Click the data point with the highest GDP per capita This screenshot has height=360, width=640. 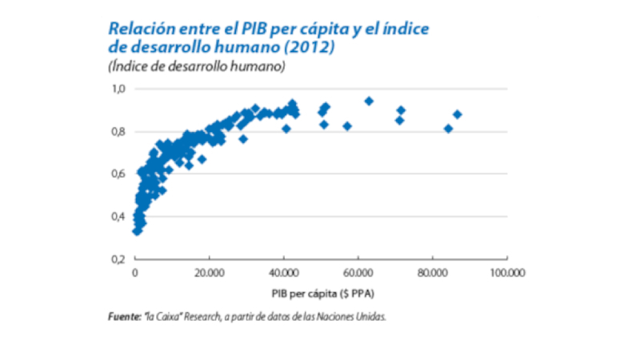pyautogui.click(x=458, y=114)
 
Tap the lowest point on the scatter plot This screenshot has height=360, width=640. pyautogui.click(x=137, y=230)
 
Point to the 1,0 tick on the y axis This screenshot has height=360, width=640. pyautogui.click(x=118, y=89)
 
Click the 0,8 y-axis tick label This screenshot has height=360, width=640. pyautogui.click(x=118, y=132)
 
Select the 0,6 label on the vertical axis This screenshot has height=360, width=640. pyautogui.click(x=118, y=174)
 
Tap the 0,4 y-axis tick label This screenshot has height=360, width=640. pyautogui.click(x=118, y=217)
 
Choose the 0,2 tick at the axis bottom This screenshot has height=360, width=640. pyautogui.click(x=118, y=259)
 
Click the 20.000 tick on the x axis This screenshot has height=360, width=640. pyautogui.click(x=209, y=274)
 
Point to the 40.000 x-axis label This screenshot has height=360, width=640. pyautogui.click(x=283, y=274)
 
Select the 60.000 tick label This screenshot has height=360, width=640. pyautogui.click(x=358, y=274)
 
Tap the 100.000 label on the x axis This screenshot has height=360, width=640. pyautogui.click(x=506, y=274)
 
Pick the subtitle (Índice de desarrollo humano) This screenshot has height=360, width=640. pyautogui.click(x=197, y=66)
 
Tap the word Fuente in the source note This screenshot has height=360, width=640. pyautogui.click(x=124, y=317)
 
